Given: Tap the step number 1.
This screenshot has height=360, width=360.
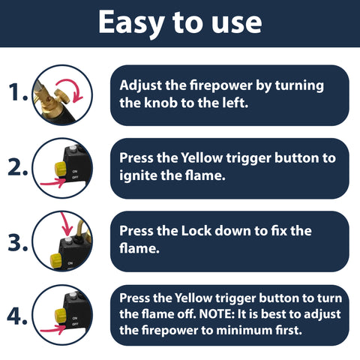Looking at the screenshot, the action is [18, 91].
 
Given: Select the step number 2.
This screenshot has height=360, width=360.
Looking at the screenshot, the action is [17, 166].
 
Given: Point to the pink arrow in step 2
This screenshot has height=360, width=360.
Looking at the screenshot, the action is [52, 182].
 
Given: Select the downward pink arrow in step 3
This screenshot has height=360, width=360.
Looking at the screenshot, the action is [66, 225].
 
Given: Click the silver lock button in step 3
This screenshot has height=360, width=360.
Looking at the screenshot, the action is [68, 241].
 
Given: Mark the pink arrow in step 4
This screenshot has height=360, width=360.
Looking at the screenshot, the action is [52, 329].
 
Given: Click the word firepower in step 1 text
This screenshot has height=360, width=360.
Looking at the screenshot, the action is [220, 85].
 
